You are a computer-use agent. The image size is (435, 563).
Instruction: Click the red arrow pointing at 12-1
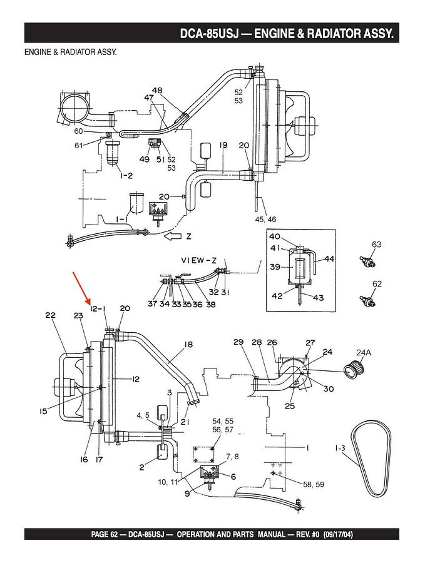[x=81, y=288]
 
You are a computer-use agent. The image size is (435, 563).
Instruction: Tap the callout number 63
[x=377, y=245]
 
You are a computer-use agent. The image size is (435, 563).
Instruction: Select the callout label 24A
[x=364, y=353]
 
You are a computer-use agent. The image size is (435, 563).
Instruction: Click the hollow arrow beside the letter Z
[x=173, y=236]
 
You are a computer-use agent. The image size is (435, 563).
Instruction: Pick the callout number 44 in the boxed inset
[x=329, y=259]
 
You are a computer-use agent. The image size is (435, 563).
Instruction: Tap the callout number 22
[x=51, y=315]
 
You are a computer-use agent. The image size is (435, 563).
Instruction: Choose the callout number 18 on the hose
[x=188, y=345]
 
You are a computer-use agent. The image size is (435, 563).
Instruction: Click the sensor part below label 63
[x=367, y=261]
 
